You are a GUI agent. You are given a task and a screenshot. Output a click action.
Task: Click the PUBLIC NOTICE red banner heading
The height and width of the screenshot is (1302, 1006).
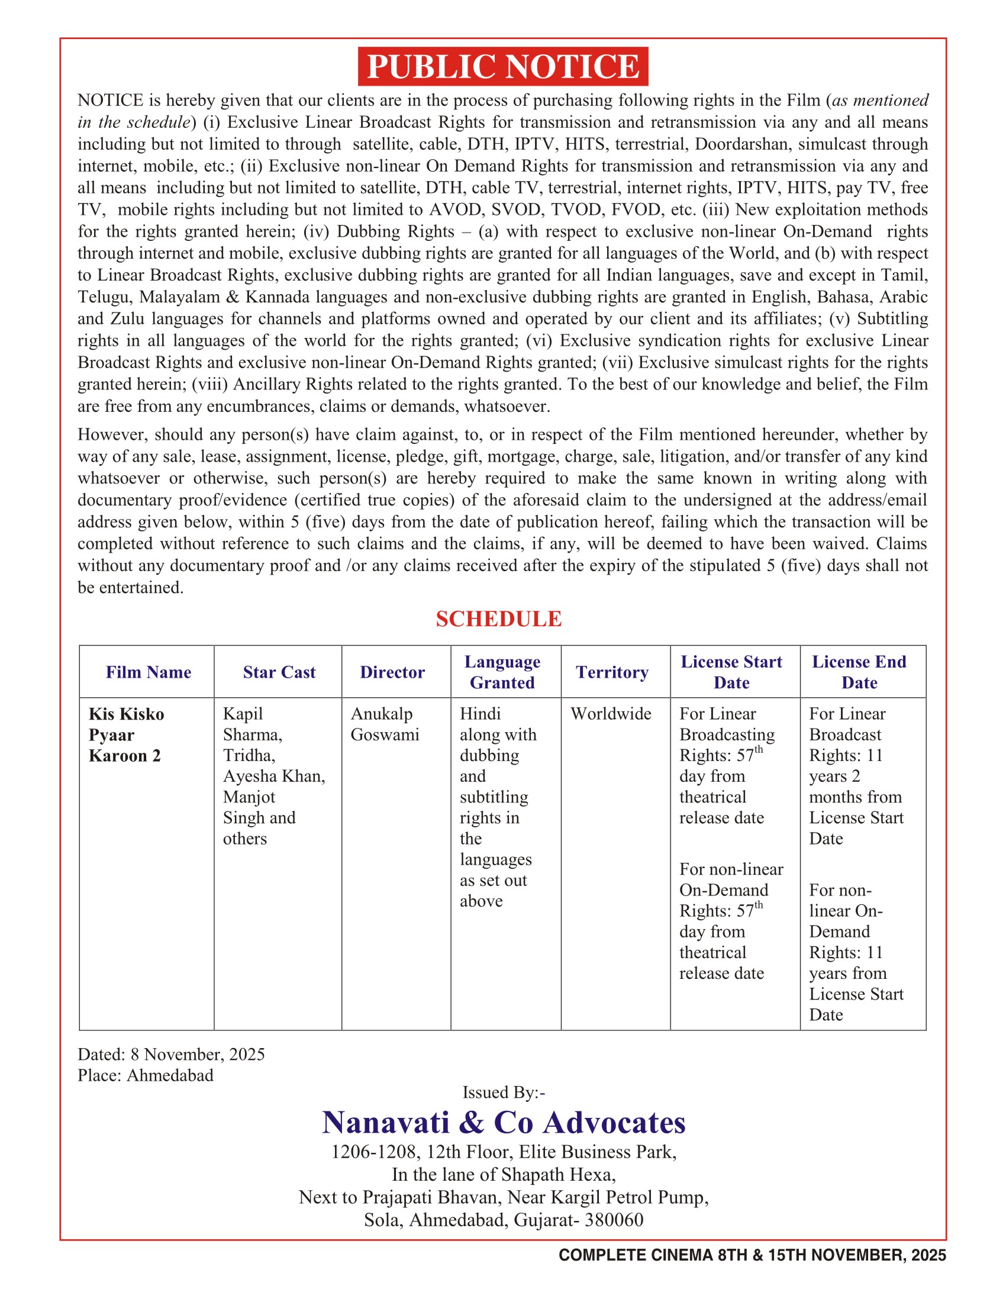click(x=503, y=66)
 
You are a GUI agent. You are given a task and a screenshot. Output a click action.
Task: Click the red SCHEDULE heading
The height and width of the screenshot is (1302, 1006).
click(x=498, y=619)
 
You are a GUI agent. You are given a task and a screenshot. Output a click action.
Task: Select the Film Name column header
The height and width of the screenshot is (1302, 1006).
click(x=149, y=672)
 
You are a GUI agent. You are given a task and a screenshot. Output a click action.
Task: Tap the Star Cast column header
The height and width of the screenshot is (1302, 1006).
click(x=279, y=672)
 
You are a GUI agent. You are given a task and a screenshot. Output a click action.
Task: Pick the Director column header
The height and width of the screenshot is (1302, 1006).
click(x=392, y=672)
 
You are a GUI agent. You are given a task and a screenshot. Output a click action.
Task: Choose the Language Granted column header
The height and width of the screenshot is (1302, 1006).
click(x=502, y=672)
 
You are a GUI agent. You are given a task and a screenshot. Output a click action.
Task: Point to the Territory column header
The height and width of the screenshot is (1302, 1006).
click(x=612, y=672)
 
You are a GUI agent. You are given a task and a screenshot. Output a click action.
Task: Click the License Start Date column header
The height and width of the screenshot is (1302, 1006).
click(x=731, y=672)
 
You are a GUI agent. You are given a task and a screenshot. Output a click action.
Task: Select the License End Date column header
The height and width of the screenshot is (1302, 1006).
click(x=859, y=672)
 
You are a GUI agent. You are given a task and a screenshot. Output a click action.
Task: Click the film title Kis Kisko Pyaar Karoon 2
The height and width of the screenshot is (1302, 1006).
click(x=127, y=734)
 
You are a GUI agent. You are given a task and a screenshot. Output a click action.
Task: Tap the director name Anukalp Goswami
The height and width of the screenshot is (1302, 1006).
click(x=385, y=724)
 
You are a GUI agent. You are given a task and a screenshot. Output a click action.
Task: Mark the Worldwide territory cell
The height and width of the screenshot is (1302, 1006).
click(x=611, y=714)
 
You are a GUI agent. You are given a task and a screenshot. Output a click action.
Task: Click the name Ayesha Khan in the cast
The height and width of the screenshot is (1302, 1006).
click(x=273, y=776)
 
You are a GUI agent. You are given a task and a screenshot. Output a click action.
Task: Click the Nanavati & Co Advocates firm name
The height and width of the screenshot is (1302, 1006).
click(x=504, y=1123)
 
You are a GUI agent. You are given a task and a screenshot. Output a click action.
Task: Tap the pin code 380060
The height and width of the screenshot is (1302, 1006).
click(x=614, y=1220)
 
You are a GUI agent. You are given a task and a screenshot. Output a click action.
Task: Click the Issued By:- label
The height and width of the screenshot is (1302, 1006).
click(x=504, y=1092)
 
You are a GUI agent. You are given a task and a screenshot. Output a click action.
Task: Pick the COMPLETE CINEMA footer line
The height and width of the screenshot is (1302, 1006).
click(x=752, y=1255)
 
